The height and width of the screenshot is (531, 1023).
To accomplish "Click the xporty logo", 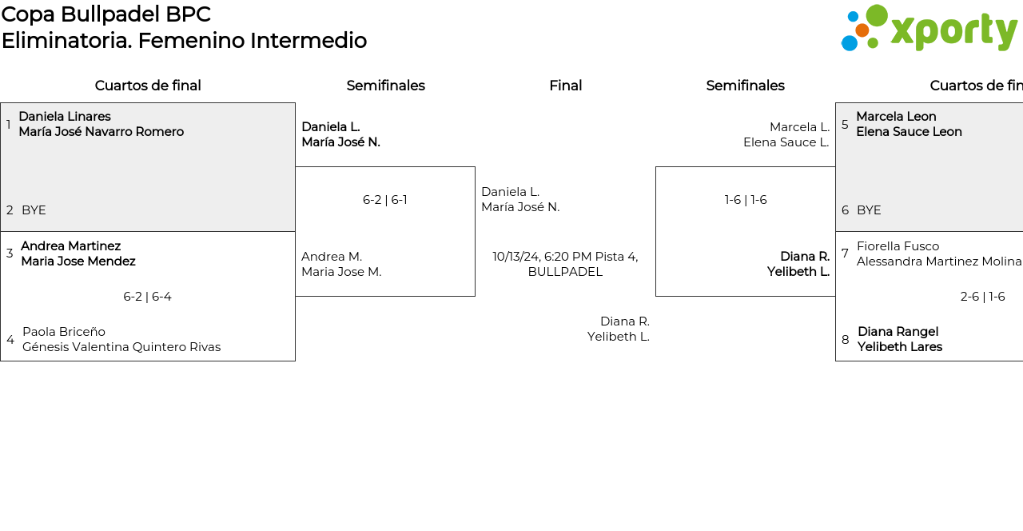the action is click(x=929, y=28).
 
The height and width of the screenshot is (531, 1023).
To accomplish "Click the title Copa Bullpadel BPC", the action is click(x=106, y=14).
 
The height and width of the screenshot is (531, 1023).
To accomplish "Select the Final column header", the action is click(x=565, y=86).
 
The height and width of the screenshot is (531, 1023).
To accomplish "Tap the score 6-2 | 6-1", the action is click(x=385, y=200).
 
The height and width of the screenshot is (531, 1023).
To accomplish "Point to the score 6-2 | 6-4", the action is click(x=148, y=297).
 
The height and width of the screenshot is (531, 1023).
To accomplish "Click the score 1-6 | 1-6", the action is click(x=746, y=200).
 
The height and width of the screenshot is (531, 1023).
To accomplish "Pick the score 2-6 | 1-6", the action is click(x=982, y=297).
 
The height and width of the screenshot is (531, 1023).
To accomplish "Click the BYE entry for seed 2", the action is click(x=34, y=210).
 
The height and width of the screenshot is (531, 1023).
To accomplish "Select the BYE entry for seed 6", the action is click(x=869, y=210).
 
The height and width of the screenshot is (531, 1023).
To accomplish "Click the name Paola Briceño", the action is click(x=64, y=332).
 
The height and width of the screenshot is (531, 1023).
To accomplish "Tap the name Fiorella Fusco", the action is click(x=898, y=246).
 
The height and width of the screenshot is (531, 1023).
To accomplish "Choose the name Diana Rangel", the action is click(x=898, y=332).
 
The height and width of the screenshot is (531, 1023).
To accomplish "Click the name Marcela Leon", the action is click(x=896, y=117).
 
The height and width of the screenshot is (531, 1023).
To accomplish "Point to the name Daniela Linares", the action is click(x=65, y=117).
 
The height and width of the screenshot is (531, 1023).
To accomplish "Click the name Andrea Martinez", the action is click(x=71, y=246).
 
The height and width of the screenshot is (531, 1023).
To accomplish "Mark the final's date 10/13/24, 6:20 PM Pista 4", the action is click(x=565, y=257).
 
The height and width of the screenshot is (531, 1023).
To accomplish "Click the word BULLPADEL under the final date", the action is click(x=565, y=272).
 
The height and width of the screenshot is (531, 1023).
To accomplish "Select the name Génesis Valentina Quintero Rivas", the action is click(x=121, y=347).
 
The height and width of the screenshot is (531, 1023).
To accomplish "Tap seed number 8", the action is click(x=846, y=340).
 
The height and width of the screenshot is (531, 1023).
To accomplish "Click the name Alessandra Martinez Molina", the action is click(x=939, y=262).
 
